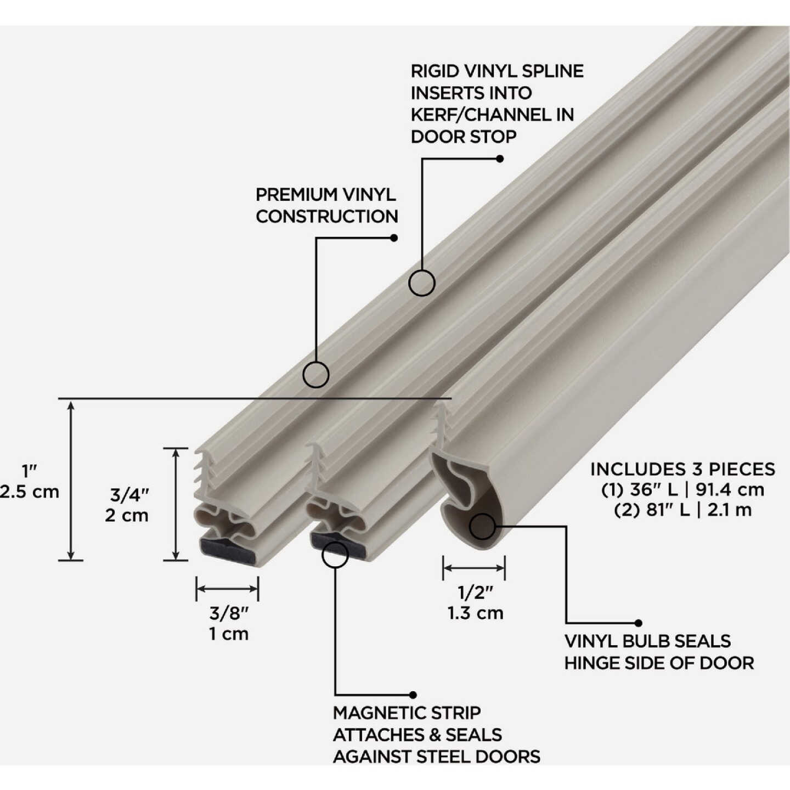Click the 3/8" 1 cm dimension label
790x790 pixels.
click(x=229, y=623)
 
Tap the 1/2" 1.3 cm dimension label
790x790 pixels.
click(x=475, y=602)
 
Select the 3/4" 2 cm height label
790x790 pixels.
click(x=128, y=505)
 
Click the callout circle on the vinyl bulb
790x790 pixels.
click(x=482, y=527)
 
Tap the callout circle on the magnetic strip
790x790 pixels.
click(x=335, y=555)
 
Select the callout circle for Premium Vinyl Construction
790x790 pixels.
click(x=316, y=375)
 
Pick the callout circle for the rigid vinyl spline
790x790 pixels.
click(x=422, y=283)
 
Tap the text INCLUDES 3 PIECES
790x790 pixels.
click(x=682, y=469)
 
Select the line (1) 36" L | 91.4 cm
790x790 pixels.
click(x=682, y=489)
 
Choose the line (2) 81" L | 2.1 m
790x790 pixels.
click(x=682, y=510)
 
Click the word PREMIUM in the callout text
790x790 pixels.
click(x=296, y=195)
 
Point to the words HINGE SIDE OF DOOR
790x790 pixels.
click(x=659, y=663)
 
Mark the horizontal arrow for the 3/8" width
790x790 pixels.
click(x=227, y=589)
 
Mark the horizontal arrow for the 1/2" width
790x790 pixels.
click(x=474, y=568)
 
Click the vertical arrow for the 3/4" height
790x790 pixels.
click(x=176, y=504)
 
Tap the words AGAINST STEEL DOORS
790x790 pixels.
click(x=436, y=757)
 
